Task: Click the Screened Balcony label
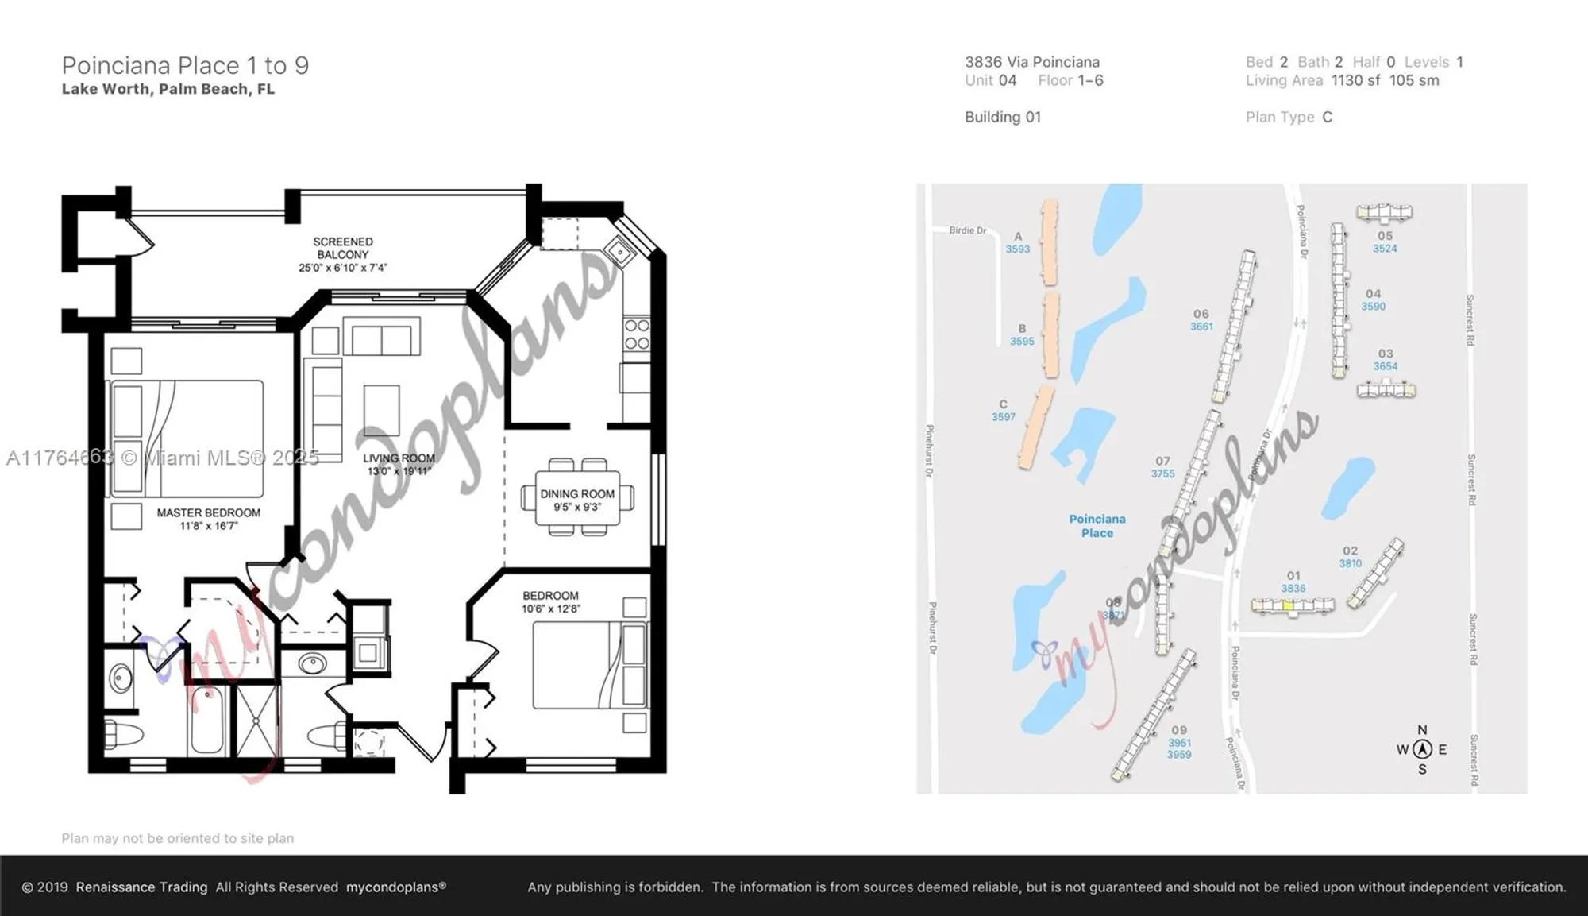[x=342, y=248]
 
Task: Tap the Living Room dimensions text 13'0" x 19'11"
[x=399, y=472]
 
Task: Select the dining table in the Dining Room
[x=577, y=498]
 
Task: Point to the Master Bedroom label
[x=208, y=513]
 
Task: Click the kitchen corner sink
[x=619, y=253]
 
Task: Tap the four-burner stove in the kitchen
[x=636, y=334]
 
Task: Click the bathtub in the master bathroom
[x=207, y=720]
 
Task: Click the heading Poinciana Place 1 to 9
[x=185, y=65]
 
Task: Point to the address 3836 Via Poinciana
[x=1031, y=62]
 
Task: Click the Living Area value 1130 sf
[x=1355, y=81]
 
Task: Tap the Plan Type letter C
[x=1327, y=118]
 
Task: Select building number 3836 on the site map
[x=1293, y=589]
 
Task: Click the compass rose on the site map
[x=1422, y=749]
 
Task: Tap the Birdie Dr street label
[x=967, y=230]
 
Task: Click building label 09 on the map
[x=1178, y=730]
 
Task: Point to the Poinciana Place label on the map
[x=1097, y=526]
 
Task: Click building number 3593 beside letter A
[x=1017, y=249]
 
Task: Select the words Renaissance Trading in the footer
[x=141, y=887]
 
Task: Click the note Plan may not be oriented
[x=178, y=838]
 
